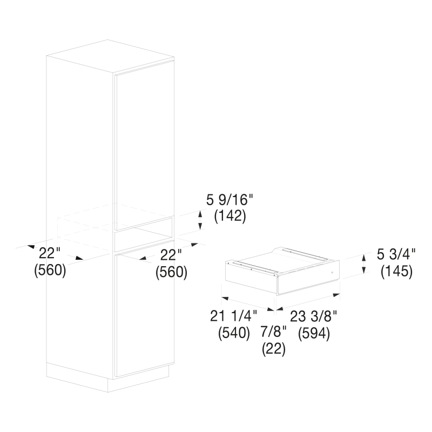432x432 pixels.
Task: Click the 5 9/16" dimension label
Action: point(229,200)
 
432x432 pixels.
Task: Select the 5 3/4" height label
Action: point(396,254)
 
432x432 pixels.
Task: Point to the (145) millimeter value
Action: point(397,272)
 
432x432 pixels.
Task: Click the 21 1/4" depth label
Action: point(233,316)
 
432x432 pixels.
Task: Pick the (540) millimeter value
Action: point(234,333)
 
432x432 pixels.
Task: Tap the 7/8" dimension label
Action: point(274,332)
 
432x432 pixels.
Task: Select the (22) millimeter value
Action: point(274,349)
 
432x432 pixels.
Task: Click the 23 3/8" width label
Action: point(314,316)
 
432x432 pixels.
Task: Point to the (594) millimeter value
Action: point(314,334)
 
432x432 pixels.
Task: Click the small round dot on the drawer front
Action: point(332,273)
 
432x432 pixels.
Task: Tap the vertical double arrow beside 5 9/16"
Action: point(200,220)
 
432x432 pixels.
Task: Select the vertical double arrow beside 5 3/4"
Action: point(364,264)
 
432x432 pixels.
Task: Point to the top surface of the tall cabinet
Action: point(110,57)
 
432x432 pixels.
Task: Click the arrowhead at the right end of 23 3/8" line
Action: point(336,295)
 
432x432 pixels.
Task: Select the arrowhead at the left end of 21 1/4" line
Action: point(225,299)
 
